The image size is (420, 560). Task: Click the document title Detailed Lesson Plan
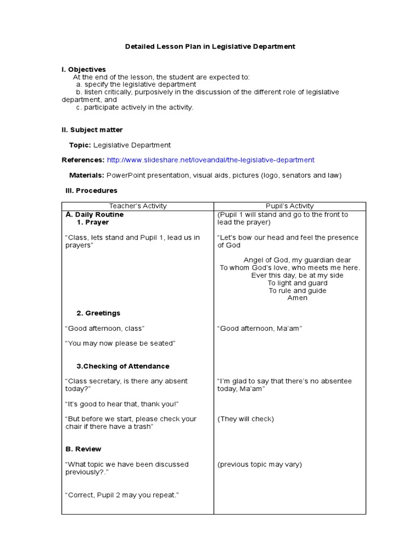point(210,46)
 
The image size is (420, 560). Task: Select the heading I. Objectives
point(84,69)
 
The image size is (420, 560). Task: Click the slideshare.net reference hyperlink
point(211,160)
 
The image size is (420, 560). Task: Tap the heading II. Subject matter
point(92,130)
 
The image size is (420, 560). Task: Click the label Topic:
point(80,145)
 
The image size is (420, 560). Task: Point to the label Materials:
point(86,175)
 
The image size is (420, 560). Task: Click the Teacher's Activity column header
point(138,206)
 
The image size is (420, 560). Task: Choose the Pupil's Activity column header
point(289,206)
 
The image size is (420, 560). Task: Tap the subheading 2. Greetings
point(98,313)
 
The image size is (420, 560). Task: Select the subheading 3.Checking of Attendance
point(123,366)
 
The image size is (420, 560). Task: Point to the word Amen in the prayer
point(297,298)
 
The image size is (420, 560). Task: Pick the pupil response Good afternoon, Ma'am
point(260,328)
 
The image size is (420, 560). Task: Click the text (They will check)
point(246,419)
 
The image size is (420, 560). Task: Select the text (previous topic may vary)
point(259,464)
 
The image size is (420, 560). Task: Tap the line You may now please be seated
point(120,343)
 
